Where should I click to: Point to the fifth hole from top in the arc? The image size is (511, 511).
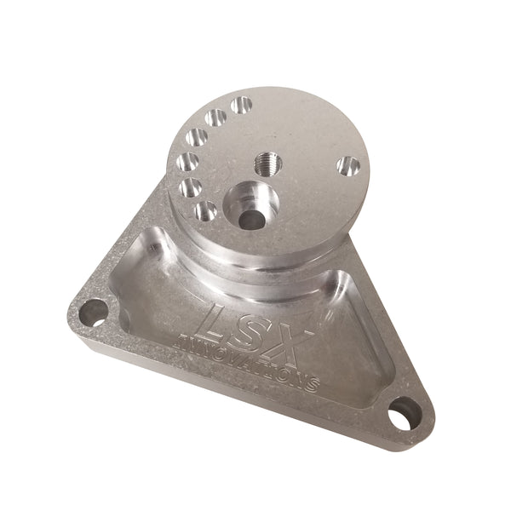[x=191, y=187]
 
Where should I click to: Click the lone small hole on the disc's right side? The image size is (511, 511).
[x=347, y=166]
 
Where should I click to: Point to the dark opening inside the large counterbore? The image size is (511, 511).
[x=250, y=218]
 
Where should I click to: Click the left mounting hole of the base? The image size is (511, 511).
[x=94, y=312]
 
